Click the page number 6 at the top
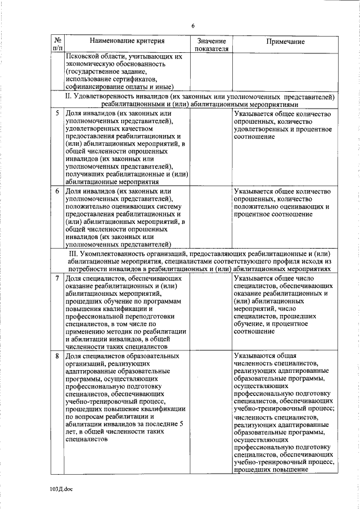point(192,26)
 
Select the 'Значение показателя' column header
point(211,45)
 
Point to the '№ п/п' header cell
point(57,45)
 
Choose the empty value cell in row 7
point(211,312)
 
